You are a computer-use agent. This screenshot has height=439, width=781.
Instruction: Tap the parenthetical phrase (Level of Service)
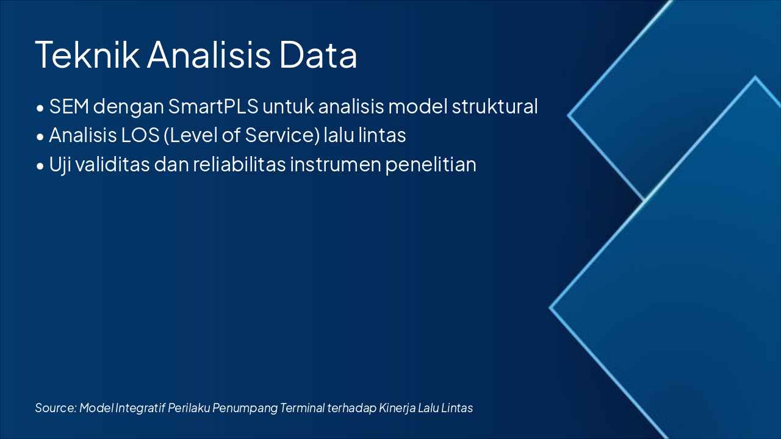coord(242,135)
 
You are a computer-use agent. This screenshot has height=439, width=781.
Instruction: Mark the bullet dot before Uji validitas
coord(40,166)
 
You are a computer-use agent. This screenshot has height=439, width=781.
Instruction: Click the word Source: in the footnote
coord(56,408)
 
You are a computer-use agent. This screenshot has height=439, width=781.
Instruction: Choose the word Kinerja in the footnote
coord(397,408)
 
